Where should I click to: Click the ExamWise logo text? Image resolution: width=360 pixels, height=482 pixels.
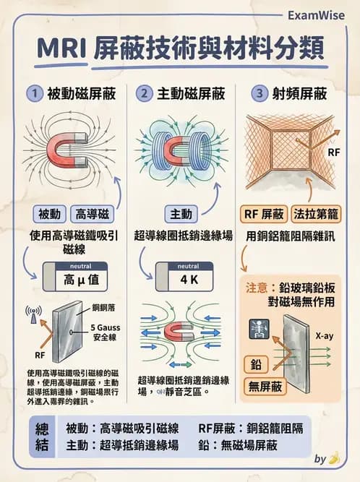(x=314, y=14)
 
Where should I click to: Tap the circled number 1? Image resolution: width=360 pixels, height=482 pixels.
(x=33, y=93)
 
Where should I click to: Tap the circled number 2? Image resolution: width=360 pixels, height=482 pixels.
(x=144, y=93)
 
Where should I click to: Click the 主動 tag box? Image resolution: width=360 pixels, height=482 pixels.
(x=178, y=214)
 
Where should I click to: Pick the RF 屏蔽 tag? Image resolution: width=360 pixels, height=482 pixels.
(x=263, y=214)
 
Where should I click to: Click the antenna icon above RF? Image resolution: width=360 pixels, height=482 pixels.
(x=33, y=314)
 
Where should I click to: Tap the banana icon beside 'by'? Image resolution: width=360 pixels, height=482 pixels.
(x=333, y=457)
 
